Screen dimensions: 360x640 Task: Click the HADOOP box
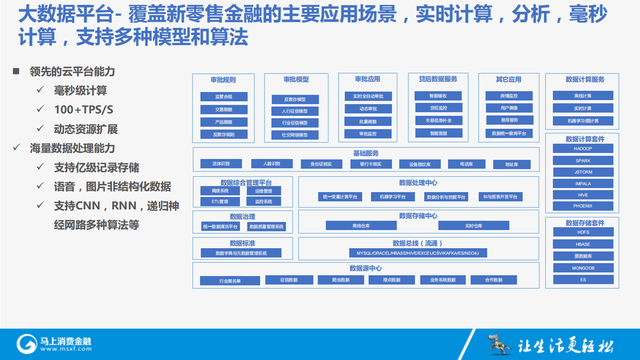(x=583, y=149)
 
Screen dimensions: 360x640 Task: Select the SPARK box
(x=583, y=161)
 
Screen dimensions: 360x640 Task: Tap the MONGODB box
(x=583, y=268)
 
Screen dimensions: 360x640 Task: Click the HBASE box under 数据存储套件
(x=583, y=244)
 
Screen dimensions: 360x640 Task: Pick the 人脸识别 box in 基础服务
(x=271, y=163)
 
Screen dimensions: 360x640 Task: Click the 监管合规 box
(x=224, y=96)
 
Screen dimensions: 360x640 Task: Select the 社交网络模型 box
(x=295, y=135)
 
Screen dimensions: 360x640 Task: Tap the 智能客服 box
(x=438, y=133)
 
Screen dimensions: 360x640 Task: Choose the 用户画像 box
(x=509, y=108)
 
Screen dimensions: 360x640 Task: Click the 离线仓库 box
(x=361, y=226)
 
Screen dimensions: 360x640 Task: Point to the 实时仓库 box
(x=473, y=226)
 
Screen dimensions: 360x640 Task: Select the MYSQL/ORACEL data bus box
(x=418, y=253)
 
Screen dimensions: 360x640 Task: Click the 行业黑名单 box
(x=230, y=280)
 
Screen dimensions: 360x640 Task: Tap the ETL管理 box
(x=220, y=201)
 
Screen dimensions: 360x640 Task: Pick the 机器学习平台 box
(x=392, y=197)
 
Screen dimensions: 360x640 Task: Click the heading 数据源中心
(x=365, y=268)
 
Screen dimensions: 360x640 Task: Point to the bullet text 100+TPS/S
(x=83, y=109)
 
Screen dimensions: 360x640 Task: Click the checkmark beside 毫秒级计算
(x=40, y=90)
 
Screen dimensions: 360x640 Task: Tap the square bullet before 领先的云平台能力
(x=16, y=71)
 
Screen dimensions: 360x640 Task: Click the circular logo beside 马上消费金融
(x=27, y=344)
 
